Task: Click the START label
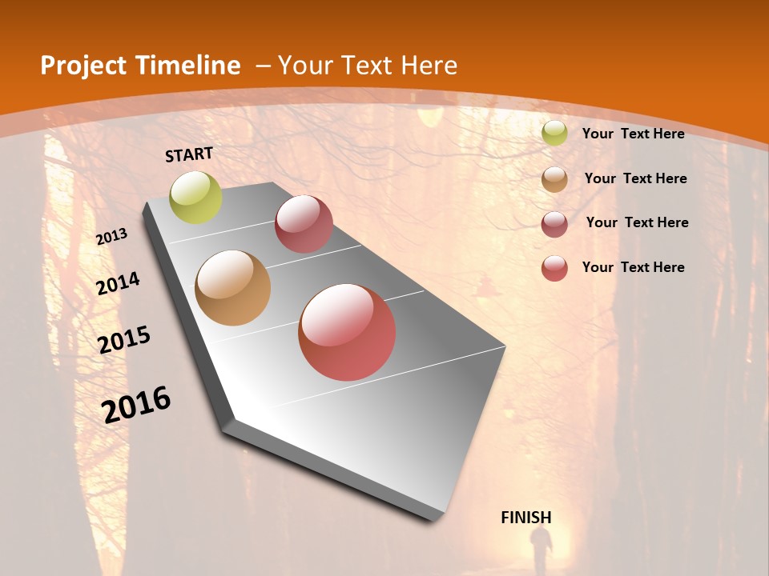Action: [189, 154]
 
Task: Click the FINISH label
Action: [526, 518]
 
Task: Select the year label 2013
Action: [112, 237]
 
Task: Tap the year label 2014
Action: [119, 283]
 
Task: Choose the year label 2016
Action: [136, 404]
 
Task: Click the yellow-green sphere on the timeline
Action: [196, 198]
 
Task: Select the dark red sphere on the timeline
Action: [304, 224]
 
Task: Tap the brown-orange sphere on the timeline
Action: [233, 288]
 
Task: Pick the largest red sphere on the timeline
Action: [347, 332]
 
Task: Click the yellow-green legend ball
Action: [554, 134]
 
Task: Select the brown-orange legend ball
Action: [554, 179]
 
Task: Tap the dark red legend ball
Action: [554, 224]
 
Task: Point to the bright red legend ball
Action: [554, 268]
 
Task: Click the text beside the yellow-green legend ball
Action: [633, 134]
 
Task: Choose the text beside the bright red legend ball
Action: [633, 267]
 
